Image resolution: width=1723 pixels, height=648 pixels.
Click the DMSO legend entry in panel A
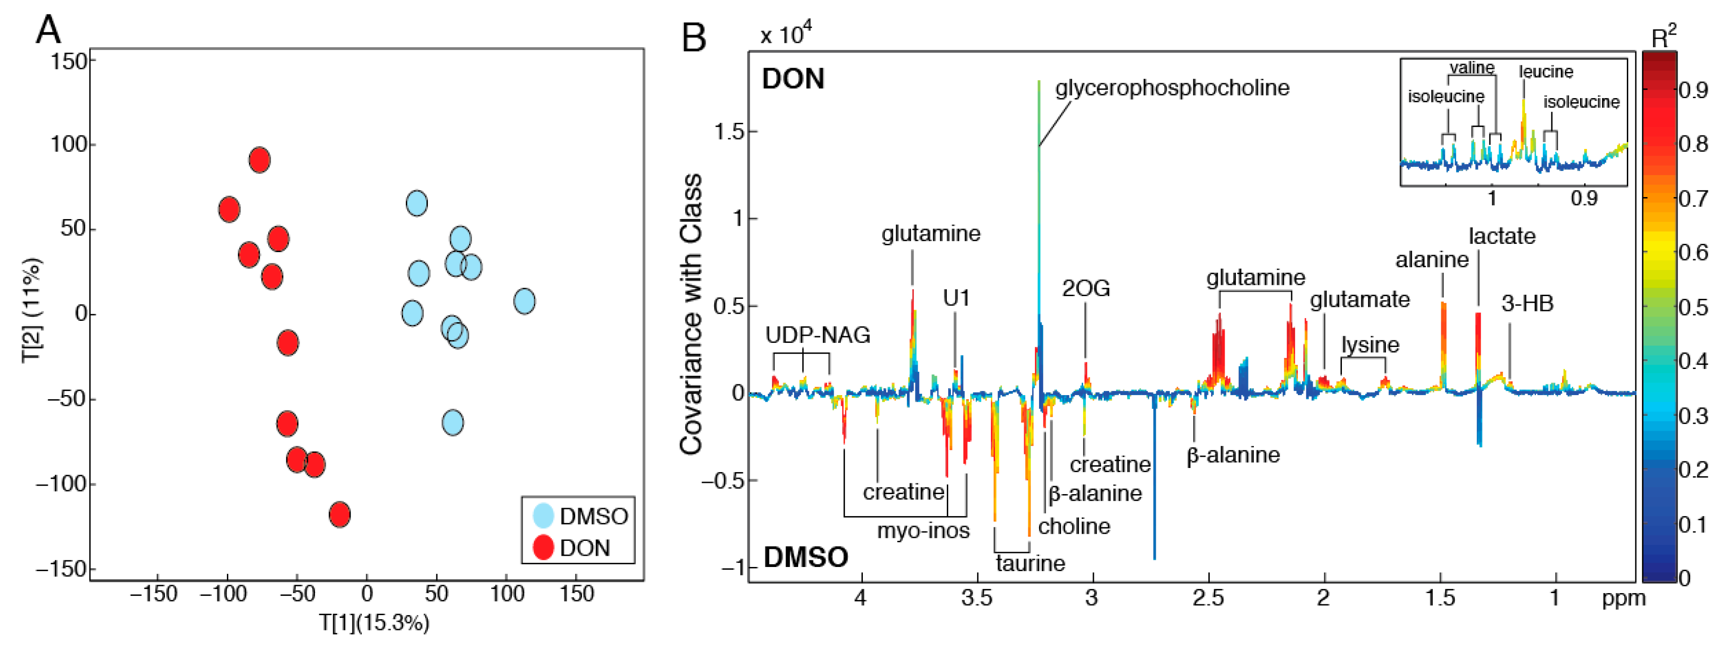coord(593,516)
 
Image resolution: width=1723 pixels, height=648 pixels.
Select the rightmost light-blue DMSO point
coord(524,301)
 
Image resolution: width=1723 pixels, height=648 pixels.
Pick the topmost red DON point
coord(259,160)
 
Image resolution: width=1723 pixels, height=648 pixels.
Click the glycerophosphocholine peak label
coord(1172,88)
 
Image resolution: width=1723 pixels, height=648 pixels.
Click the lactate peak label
coord(1501,236)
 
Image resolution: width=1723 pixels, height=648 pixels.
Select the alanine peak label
coord(1431,260)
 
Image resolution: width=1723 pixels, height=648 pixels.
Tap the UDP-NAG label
coord(817,335)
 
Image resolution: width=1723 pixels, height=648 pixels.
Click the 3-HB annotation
coord(1527,304)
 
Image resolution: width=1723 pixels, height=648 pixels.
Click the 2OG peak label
coord(1086,288)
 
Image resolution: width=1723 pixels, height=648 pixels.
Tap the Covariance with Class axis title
coord(691,315)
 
